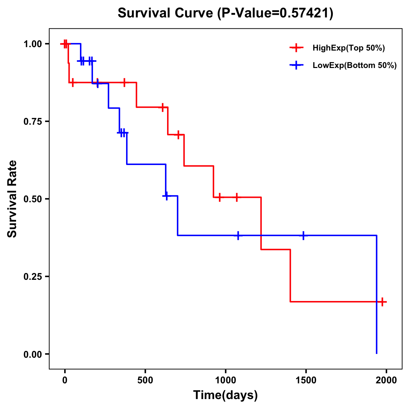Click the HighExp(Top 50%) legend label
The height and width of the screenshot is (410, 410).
(x=348, y=48)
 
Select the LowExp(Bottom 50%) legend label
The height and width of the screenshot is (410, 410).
(x=355, y=65)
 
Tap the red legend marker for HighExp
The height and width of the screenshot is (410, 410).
(x=296, y=48)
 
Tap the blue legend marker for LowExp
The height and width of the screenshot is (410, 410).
(x=296, y=65)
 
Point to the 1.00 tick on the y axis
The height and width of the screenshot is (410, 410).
(x=32, y=44)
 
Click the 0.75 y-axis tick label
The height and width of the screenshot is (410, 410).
(x=32, y=122)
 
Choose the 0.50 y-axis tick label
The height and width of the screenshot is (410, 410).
(x=32, y=199)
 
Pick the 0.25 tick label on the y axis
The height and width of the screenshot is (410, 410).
(x=32, y=277)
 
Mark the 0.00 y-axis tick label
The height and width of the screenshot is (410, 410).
(x=32, y=354)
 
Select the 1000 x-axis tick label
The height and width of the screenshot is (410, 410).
(x=225, y=380)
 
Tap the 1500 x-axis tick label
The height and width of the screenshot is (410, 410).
(x=306, y=380)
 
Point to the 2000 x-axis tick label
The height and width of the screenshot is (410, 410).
(x=386, y=380)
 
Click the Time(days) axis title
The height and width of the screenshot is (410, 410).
(x=225, y=395)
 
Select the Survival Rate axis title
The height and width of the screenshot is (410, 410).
(x=12, y=199)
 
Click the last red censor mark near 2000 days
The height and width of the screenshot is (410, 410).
(x=382, y=302)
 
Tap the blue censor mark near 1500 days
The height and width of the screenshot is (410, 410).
(x=303, y=235)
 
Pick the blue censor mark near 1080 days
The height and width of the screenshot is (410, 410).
(x=238, y=235)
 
